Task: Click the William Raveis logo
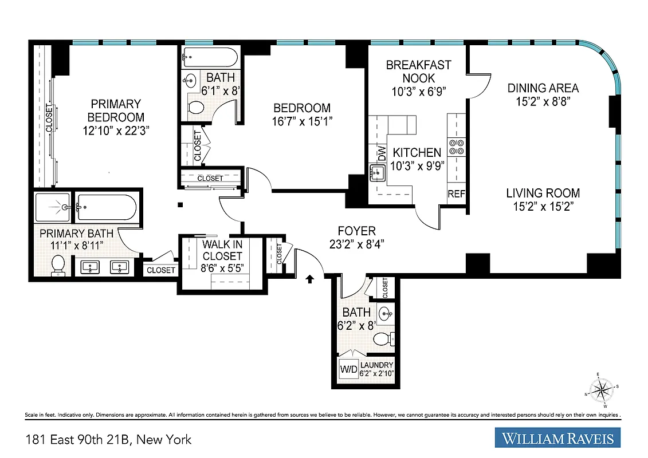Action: click(x=557, y=439)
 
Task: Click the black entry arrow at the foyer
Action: click(x=310, y=279)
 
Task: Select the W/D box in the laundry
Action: click(x=348, y=370)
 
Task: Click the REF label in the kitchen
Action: click(x=456, y=194)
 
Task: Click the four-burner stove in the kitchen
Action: click(x=456, y=147)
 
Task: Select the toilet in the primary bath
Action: click(x=57, y=265)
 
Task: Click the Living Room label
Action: click(x=543, y=194)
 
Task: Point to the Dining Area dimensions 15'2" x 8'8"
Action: click(x=543, y=101)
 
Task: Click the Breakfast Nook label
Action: click(x=418, y=72)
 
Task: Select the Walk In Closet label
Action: click(x=222, y=250)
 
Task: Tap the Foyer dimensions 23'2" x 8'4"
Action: click(x=356, y=243)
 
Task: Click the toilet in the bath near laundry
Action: click(x=383, y=339)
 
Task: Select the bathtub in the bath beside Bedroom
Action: click(x=210, y=57)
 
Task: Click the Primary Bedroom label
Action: click(x=115, y=110)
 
